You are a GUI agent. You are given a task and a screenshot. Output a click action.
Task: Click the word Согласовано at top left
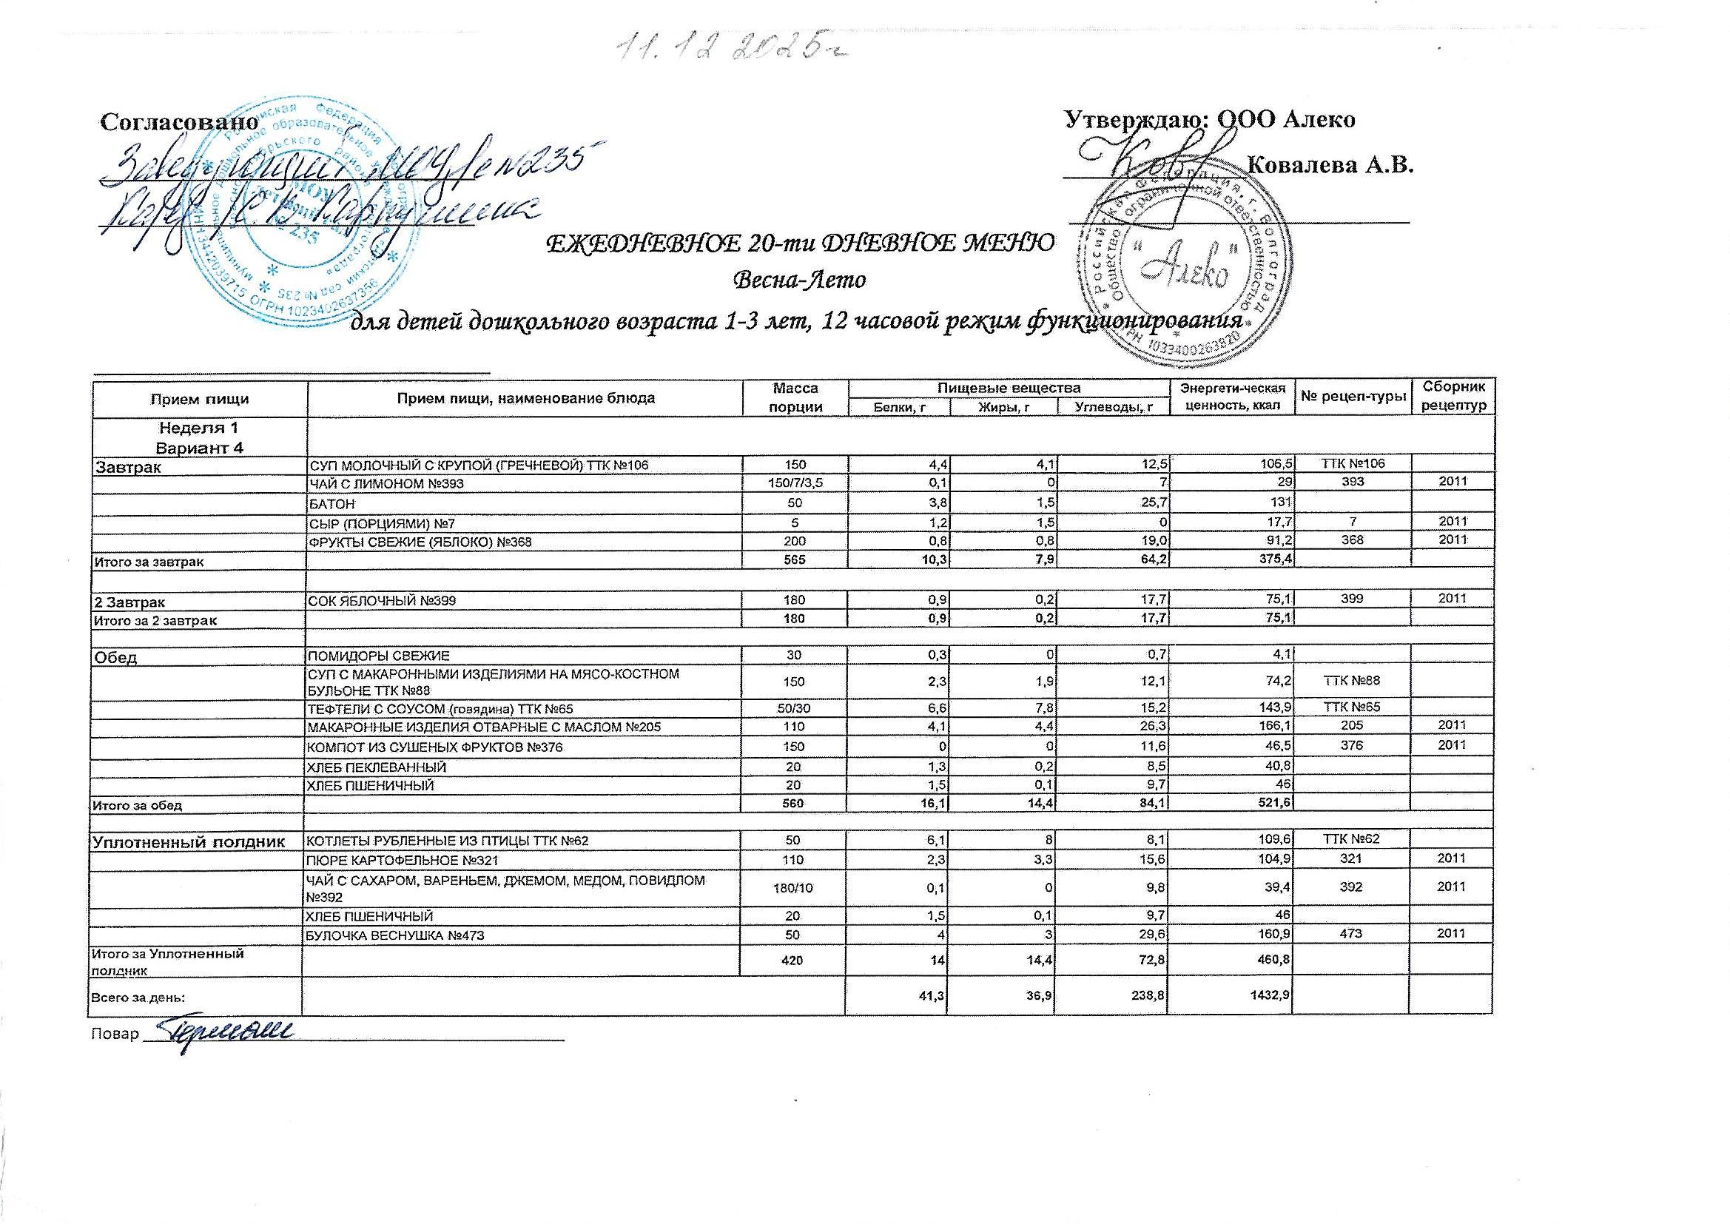point(179,121)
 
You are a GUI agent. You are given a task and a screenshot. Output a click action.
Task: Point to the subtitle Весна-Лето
point(799,280)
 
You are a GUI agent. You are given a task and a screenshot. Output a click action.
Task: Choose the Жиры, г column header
point(1002,407)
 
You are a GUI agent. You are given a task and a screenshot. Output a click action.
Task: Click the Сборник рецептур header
point(1454,397)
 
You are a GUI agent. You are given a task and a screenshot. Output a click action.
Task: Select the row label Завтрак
point(126,467)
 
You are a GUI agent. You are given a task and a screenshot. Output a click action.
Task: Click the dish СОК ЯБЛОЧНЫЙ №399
point(380,600)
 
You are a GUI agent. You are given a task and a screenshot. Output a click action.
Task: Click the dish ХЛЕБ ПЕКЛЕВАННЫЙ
point(375,767)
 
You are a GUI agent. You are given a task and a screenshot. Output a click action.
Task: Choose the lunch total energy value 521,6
point(1274,805)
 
